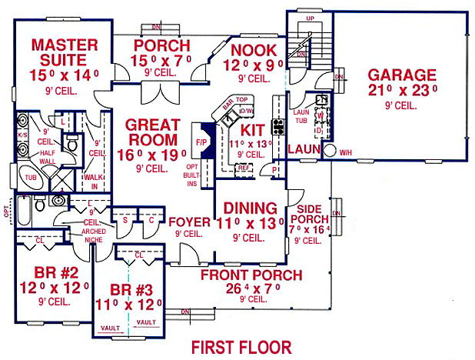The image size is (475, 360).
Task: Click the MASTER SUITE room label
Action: point(65,52)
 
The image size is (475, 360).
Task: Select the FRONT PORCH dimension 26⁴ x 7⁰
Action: point(240,289)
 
